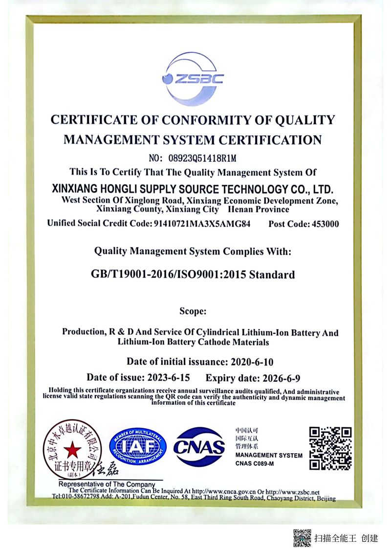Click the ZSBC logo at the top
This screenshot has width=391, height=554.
click(x=193, y=78)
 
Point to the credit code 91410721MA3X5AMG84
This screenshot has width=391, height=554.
click(x=202, y=224)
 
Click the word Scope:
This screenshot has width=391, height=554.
click(x=193, y=311)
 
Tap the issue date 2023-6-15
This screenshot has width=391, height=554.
click(x=168, y=378)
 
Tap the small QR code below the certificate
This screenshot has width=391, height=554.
click(x=302, y=538)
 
